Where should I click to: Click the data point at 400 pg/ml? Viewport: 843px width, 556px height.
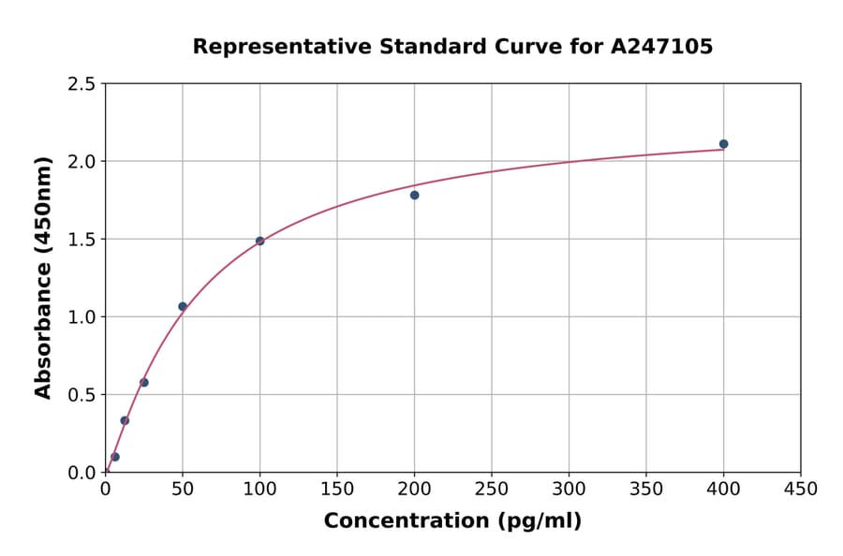(x=723, y=144)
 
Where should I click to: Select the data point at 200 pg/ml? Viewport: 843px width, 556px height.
(x=414, y=195)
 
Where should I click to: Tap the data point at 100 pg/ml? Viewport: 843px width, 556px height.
(x=259, y=241)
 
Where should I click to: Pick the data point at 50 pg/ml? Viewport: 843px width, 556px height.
(x=183, y=306)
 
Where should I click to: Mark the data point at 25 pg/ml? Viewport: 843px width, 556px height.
(x=144, y=382)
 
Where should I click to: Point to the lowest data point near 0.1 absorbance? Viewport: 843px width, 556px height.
(x=115, y=457)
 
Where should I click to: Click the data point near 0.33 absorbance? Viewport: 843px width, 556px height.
(x=125, y=420)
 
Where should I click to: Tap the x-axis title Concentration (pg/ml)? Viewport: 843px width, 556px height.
(x=452, y=521)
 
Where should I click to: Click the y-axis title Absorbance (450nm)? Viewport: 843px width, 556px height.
(x=43, y=278)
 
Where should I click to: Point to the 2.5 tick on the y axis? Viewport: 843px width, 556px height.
(x=81, y=84)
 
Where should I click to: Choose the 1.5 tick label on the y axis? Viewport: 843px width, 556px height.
(x=81, y=240)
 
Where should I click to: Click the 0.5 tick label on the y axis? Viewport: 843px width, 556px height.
(x=81, y=395)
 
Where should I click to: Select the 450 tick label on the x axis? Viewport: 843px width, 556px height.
(x=801, y=489)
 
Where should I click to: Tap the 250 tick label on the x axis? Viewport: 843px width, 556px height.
(x=492, y=489)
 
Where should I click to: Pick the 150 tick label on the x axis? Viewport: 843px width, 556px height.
(x=337, y=489)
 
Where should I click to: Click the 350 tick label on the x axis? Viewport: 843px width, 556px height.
(x=646, y=489)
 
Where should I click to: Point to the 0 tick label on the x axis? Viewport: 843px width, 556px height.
(x=105, y=489)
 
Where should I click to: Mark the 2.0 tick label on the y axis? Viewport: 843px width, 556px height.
(x=81, y=162)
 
